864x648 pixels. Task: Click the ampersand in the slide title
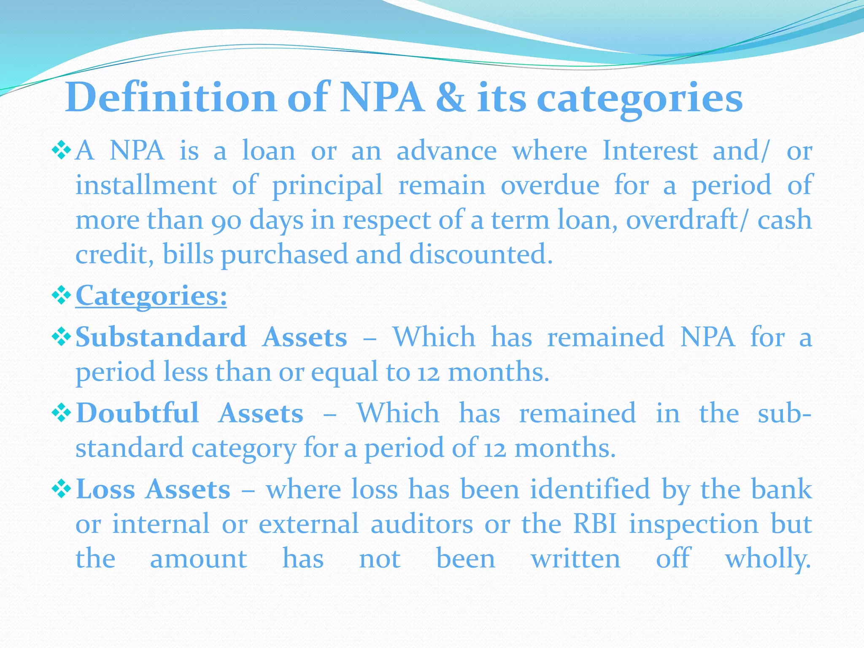451,98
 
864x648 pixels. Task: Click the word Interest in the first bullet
650,151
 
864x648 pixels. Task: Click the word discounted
481,254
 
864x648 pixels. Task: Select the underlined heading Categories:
151,296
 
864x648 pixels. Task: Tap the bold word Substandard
161,337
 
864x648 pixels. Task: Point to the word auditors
422,524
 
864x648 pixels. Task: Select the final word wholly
768,559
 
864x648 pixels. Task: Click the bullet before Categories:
62,296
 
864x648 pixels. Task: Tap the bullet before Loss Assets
62,489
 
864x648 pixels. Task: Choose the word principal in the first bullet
327,186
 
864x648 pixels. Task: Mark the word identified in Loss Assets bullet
590,489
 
